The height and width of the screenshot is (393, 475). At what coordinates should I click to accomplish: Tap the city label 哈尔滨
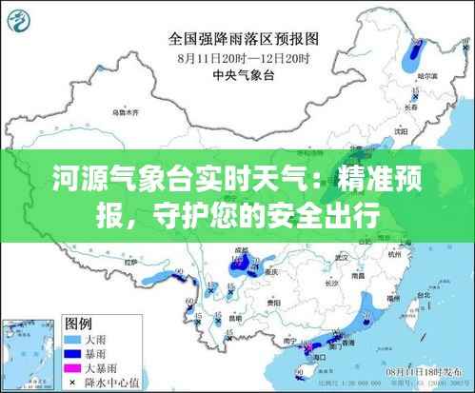pyautogui.click(x=430, y=75)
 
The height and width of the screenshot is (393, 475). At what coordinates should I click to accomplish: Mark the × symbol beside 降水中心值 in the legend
pyautogui.click(x=72, y=381)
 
